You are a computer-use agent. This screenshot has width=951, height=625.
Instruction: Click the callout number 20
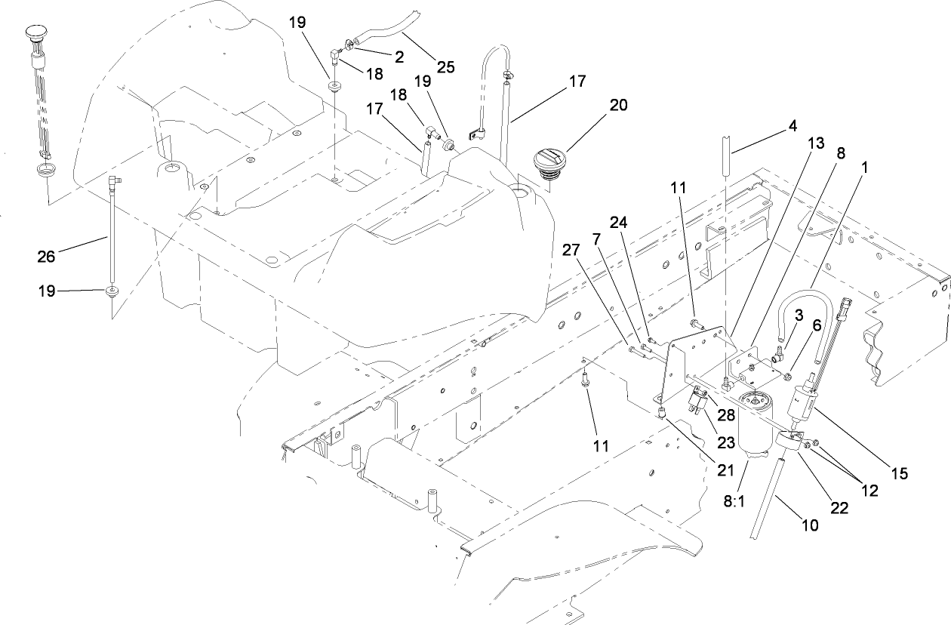pos(618,105)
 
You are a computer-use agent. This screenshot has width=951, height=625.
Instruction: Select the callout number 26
pos(47,257)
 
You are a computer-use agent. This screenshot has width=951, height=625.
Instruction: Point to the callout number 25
pos(445,66)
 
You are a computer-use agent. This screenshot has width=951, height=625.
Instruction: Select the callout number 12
pos(869,491)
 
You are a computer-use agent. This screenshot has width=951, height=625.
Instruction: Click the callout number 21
pos(725,470)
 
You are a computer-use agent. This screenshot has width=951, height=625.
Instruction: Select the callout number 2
pos(399,56)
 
